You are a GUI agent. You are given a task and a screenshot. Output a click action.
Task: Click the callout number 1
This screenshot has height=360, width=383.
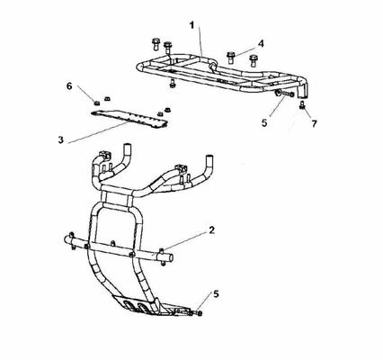191,25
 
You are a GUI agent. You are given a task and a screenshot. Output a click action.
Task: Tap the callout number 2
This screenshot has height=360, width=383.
211,230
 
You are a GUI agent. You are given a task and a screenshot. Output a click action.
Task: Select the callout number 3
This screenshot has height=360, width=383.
61,139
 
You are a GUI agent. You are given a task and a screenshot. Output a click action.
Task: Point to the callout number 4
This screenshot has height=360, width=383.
261,43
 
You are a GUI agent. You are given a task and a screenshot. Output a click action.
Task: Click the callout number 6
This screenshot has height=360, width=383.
69,86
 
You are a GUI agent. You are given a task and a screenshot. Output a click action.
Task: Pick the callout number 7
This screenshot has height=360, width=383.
314,123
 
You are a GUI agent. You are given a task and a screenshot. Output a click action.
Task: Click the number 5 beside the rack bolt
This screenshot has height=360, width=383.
264,122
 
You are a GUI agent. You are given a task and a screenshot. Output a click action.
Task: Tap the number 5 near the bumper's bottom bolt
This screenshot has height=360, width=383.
216,294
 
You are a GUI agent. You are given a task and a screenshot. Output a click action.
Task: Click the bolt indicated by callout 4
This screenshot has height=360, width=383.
230,58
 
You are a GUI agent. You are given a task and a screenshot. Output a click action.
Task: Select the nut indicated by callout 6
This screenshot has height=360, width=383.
96,103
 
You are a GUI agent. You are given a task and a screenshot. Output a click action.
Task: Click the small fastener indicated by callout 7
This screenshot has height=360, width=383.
302,105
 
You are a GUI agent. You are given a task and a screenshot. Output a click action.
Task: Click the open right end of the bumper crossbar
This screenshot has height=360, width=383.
170,257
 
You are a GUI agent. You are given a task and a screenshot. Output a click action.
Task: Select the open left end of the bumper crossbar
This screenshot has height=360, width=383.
67,239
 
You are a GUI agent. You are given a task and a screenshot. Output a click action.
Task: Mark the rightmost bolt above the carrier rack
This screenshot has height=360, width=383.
254,60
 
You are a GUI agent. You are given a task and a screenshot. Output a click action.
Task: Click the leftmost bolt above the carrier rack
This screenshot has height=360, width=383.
156,44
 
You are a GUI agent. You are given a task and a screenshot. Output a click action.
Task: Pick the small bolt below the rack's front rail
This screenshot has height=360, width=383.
173,83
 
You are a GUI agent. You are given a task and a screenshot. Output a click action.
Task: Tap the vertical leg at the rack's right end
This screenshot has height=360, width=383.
302,90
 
